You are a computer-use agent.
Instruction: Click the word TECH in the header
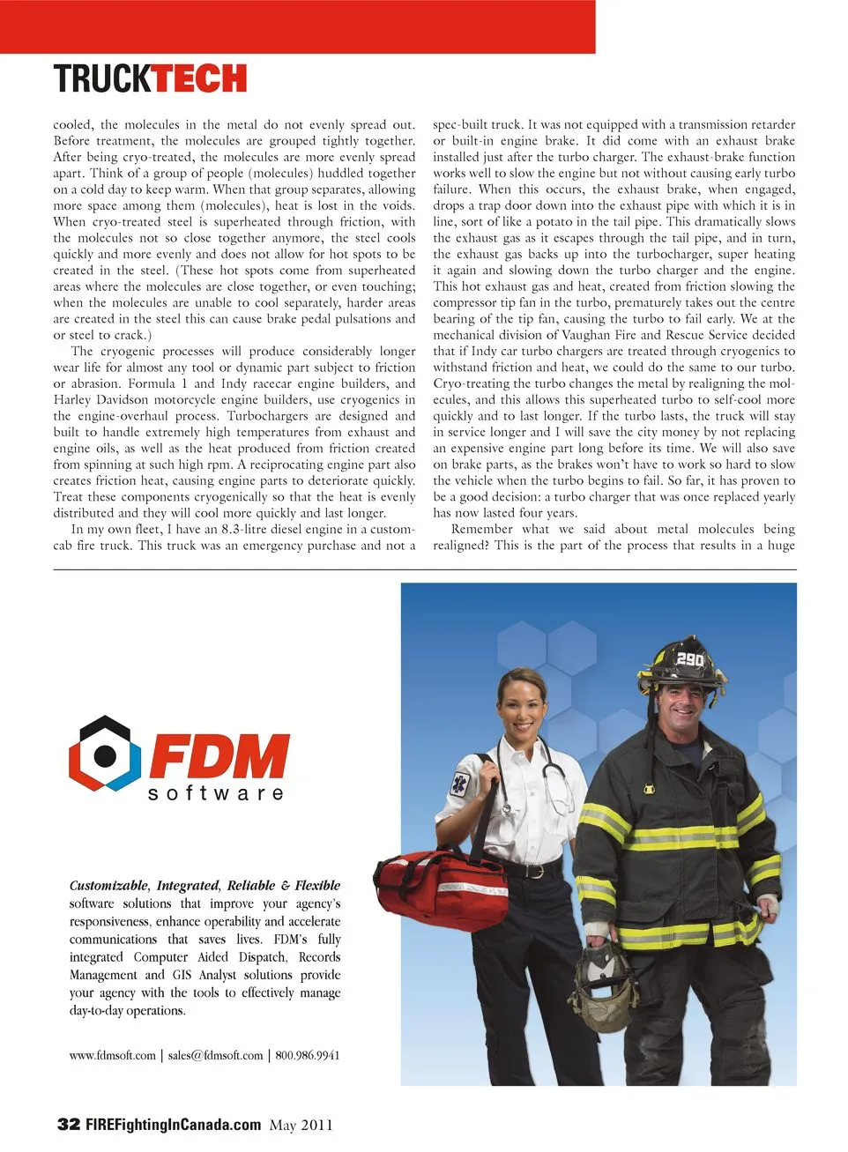(x=199, y=78)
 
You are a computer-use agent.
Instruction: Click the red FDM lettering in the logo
(x=219, y=755)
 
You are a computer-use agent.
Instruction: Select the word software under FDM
(x=215, y=793)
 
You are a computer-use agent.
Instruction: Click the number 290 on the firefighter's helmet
(x=689, y=659)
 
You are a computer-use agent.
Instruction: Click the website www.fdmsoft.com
(x=112, y=1055)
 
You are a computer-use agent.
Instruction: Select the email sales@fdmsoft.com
(x=215, y=1055)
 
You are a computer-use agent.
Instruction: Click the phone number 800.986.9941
(x=308, y=1055)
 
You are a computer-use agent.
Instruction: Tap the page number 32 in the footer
(x=68, y=1124)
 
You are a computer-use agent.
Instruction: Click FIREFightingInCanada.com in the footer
(x=173, y=1124)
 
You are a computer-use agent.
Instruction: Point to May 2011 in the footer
(x=301, y=1125)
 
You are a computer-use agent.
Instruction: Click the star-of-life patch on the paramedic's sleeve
(x=459, y=784)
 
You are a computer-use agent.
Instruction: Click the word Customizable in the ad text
(x=108, y=885)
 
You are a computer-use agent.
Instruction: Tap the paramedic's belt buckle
(x=530, y=871)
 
